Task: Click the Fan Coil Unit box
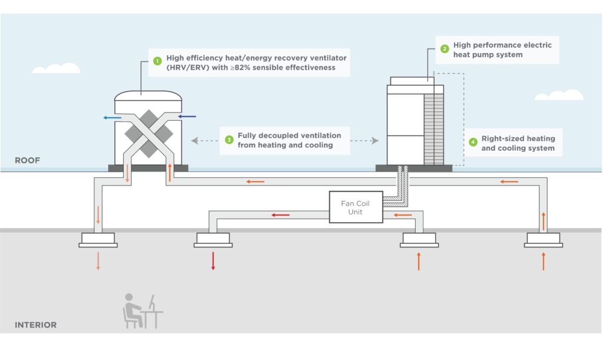[x=356, y=207]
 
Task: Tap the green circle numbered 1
[x=157, y=61]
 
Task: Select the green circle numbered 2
[x=445, y=49]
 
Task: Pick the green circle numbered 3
[x=229, y=140]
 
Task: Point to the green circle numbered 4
[x=473, y=142]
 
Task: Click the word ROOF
[x=27, y=160]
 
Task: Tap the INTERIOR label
[x=36, y=325]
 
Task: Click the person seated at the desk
[x=132, y=311]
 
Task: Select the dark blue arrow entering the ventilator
[x=187, y=116]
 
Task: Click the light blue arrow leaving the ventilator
[x=112, y=118]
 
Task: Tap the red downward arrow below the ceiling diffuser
[x=213, y=261]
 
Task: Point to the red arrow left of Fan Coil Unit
[x=280, y=215]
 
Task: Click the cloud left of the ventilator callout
[x=57, y=68]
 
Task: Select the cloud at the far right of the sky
[x=559, y=95]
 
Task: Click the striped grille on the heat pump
[x=434, y=129]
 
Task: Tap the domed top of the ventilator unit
[x=148, y=96]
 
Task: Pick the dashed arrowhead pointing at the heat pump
[x=375, y=141]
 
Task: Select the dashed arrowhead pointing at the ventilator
[x=194, y=141]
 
